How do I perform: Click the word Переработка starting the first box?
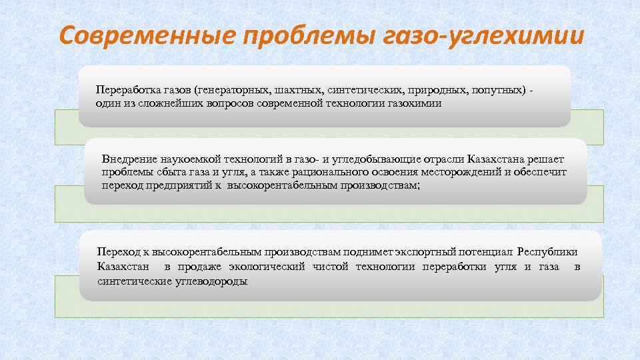pos(125,89)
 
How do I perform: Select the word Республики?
pos(547,252)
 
